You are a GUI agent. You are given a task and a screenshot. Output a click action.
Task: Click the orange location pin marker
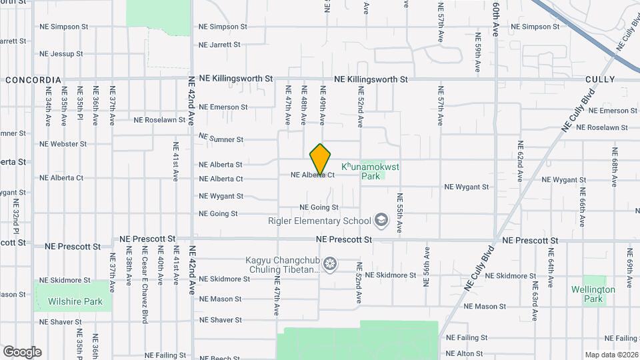click(x=321, y=159)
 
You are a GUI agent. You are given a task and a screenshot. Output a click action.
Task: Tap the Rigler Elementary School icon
click(x=381, y=220)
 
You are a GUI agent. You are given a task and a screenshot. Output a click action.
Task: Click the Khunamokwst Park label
click(x=371, y=171)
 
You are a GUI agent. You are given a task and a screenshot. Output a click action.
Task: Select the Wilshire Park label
click(x=75, y=301)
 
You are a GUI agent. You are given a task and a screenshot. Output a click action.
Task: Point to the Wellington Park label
click(x=593, y=294)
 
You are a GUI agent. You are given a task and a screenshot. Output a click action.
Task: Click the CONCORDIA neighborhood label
click(x=33, y=80)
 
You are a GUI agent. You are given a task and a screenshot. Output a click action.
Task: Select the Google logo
click(x=22, y=351)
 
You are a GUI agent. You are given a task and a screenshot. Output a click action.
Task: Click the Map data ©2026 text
click(x=610, y=355)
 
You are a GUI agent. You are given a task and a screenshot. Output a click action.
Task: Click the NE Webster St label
click(x=63, y=143)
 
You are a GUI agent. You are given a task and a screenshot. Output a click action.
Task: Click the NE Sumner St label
click(x=221, y=138)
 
